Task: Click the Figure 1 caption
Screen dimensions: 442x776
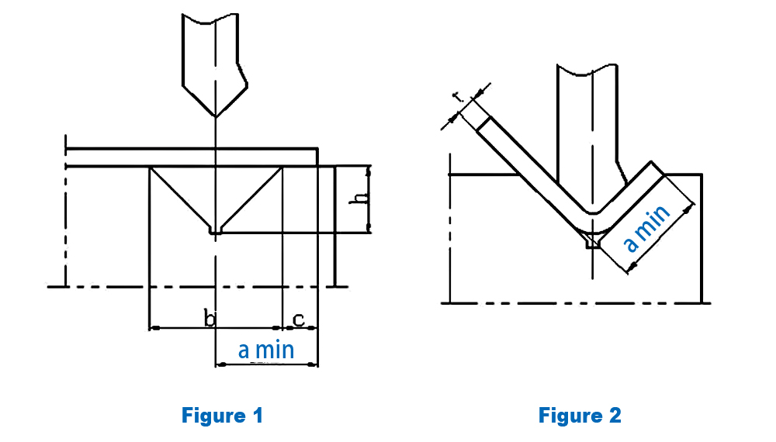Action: (x=222, y=416)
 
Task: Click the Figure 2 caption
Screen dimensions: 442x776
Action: (x=580, y=416)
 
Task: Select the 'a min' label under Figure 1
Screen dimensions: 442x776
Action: (x=266, y=350)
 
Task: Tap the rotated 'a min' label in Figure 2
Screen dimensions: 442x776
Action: (x=647, y=229)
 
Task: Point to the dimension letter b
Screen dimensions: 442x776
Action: (x=210, y=317)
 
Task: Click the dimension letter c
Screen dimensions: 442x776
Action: (x=298, y=317)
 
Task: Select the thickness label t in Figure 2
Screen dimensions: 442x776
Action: (x=459, y=98)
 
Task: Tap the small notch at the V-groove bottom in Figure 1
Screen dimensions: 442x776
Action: (x=215, y=230)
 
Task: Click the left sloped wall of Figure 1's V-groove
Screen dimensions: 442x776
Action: (x=180, y=198)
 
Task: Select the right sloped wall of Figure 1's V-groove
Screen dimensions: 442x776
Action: (x=250, y=198)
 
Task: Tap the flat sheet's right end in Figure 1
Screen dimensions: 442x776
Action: (x=317, y=156)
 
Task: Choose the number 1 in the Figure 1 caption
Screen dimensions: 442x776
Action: (x=258, y=416)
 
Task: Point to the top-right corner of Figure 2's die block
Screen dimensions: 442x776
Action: (x=702, y=174)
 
